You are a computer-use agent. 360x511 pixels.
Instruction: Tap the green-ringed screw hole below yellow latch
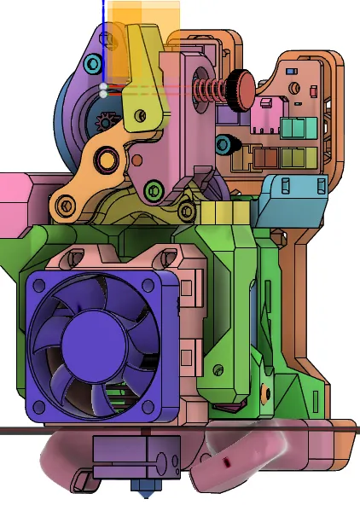pos(154,189)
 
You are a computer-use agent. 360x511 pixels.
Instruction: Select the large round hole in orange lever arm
pos(107,159)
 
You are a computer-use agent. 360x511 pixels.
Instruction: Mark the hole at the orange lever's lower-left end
pos(64,206)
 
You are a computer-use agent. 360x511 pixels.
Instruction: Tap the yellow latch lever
pos(145,94)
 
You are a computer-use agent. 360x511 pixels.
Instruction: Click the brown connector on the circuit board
pos(270,158)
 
